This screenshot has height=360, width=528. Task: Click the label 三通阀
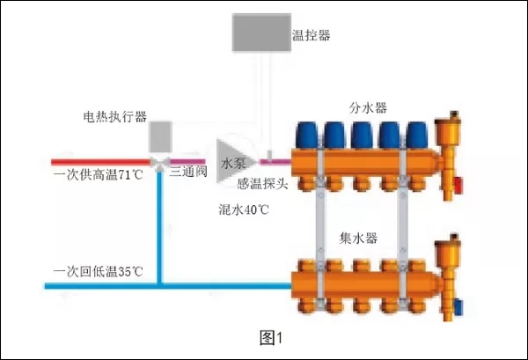[x=187, y=173]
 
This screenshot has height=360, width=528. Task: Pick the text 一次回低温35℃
[x=97, y=270]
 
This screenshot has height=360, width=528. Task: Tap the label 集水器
[x=358, y=238]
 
